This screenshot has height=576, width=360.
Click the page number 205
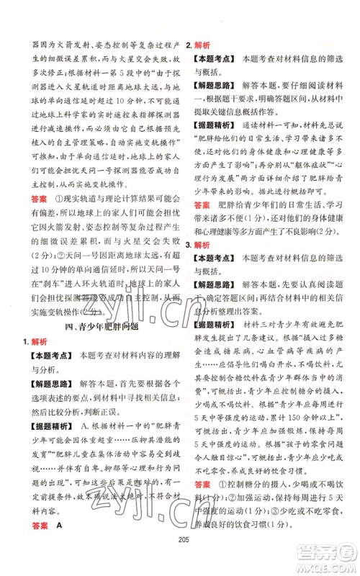(180, 546)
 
